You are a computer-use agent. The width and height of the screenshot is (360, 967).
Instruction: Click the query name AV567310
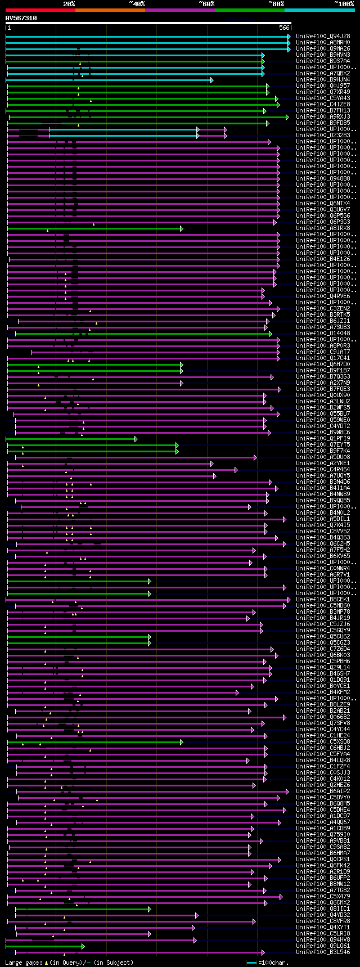click(21, 18)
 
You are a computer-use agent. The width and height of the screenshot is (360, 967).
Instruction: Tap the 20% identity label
click(69, 4)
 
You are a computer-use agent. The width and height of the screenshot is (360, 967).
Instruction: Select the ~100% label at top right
click(344, 4)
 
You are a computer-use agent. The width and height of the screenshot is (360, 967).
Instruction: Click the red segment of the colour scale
click(40, 10)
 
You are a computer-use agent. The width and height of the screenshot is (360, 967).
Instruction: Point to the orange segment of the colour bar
click(110, 10)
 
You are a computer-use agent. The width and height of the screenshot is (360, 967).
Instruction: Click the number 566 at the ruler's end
click(284, 28)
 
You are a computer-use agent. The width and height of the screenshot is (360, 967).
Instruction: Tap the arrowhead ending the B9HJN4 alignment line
click(211, 80)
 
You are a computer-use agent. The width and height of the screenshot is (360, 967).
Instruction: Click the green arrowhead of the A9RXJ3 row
click(287, 117)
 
